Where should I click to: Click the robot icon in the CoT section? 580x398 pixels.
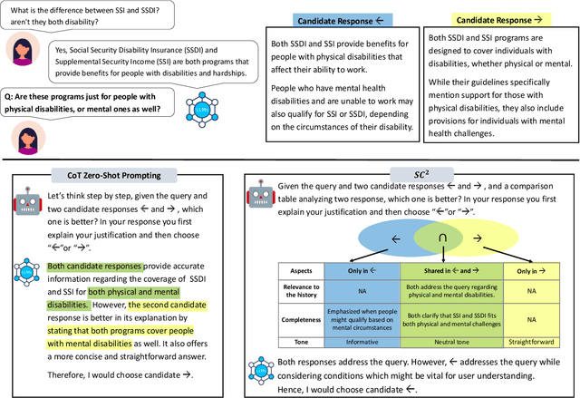(26, 205)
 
